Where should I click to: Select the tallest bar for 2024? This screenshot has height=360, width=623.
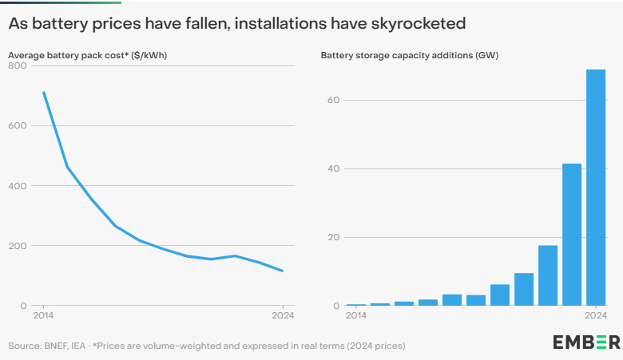coord(596,188)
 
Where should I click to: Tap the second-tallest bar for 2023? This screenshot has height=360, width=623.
coord(572,235)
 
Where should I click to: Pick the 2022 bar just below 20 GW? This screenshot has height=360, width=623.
coord(548,275)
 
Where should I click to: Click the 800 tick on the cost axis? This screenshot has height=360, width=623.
coord(17,65)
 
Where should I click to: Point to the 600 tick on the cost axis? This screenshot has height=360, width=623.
coord(17,125)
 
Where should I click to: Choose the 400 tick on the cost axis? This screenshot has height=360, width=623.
coord(17,185)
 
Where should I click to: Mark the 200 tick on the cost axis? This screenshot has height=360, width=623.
coord(17,245)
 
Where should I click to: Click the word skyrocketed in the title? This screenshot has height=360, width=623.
coord(418,24)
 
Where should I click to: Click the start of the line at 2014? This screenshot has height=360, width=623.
coord(43,93)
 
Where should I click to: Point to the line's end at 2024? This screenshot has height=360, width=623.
coord(283,271)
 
